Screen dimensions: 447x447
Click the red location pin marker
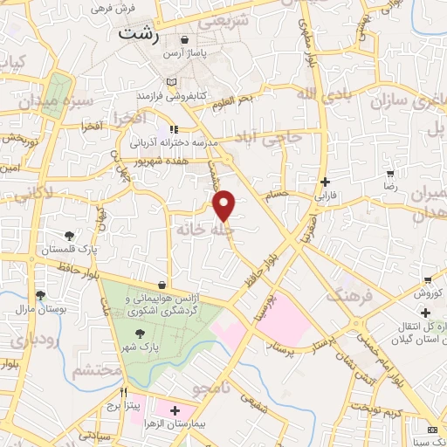pyautogui.click(x=225, y=205)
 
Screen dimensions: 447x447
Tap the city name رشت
pyautogui.click(x=137, y=34)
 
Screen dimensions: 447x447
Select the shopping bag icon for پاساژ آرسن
pyautogui.click(x=185, y=40)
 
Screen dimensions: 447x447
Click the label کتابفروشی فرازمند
pyautogui.click(x=171, y=94)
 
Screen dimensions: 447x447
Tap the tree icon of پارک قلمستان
pyautogui.click(x=69, y=235)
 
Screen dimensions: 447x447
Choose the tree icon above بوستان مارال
pyautogui.click(x=39, y=296)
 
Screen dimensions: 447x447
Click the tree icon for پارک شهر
pyautogui.click(x=140, y=333)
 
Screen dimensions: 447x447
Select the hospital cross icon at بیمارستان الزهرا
pyautogui.click(x=175, y=409)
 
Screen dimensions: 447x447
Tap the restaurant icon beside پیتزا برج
pyautogui.click(x=124, y=393)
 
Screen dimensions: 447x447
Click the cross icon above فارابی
pyautogui.click(x=326, y=182)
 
